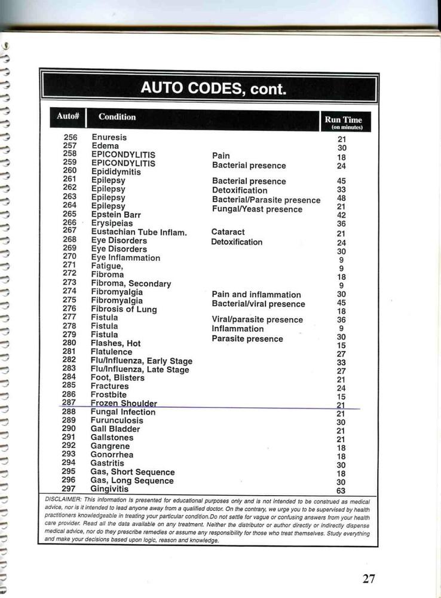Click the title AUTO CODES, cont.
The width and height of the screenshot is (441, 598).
click(x=213, y=89)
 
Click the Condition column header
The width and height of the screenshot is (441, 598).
click(x=117, y=117)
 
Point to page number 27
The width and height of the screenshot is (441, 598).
click(x=369, y=578)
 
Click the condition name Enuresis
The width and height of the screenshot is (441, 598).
click(x=109, y=138)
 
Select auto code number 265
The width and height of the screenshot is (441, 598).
click(x=69, y=213)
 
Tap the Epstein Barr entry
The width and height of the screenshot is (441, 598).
click(x=116, y=214)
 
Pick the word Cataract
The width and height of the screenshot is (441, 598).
click(x=228, y=232)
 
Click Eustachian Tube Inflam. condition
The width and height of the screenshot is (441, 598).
click(x=139, y=232)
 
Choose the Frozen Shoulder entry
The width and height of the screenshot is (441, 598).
click(x=124, y=404)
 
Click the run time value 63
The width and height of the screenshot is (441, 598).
click(x=341, y=491)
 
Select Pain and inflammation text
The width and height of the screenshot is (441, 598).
click(x=256, y=294)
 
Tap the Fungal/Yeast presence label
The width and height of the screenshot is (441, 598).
click(x=257, y=209)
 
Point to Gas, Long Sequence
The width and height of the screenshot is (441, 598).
click(x=132, y=481)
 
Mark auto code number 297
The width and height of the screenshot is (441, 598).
click(x=68, y=489)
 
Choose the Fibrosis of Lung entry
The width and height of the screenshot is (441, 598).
click(x=124, y=309)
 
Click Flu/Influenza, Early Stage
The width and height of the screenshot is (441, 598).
click(x=141, y=361)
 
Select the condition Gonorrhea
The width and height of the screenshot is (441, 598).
click(x=112, y=454)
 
